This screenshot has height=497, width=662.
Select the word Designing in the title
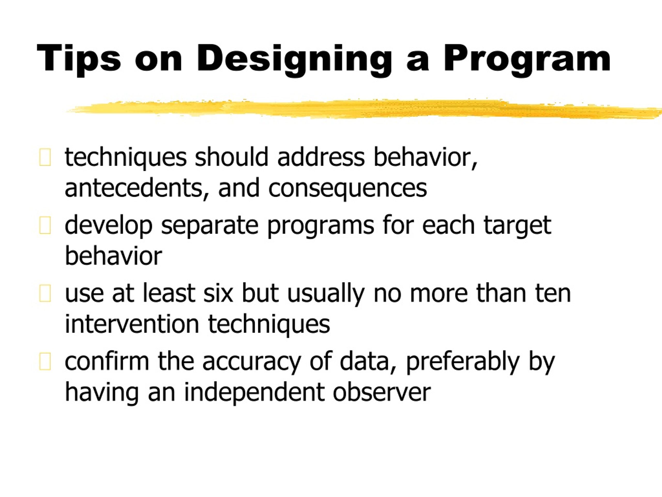coord(294,59)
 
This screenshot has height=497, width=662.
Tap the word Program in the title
coord(527,59)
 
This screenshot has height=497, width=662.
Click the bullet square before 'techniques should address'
coord(45,157)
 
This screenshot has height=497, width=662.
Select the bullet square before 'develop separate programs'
coord(45,225)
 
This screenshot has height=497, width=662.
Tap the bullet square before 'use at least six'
coord(45,293)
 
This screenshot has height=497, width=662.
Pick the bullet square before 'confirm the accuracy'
coord(45,361)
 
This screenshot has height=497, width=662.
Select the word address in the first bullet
coord(321,157)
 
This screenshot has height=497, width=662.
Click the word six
coord(218,293)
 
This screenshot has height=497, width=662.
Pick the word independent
coord(254,392)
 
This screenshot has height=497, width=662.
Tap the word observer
coord(382,392)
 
